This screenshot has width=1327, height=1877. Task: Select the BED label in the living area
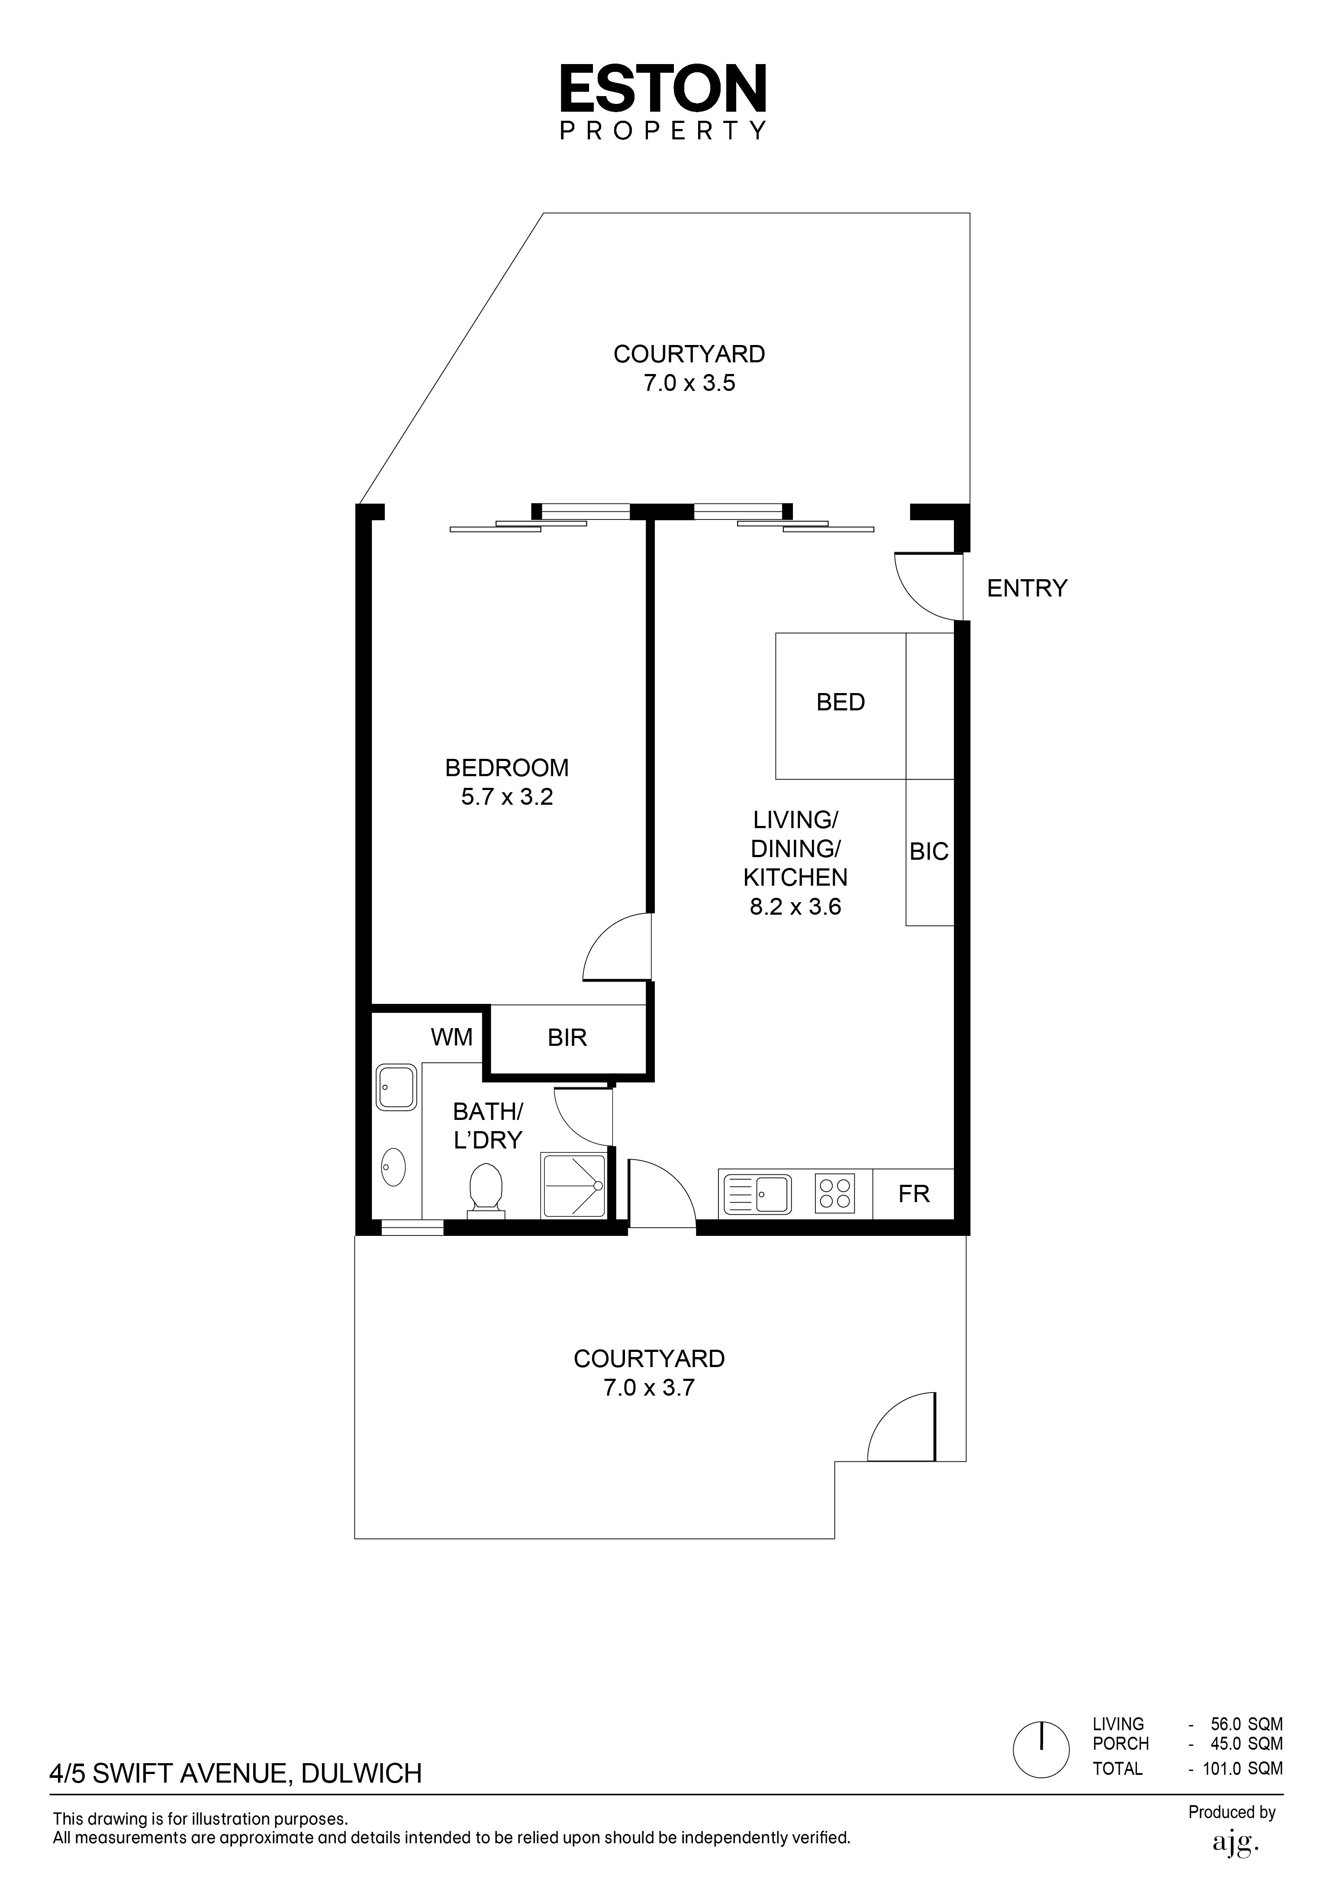[841, 702]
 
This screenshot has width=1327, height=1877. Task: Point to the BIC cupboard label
[929, 852]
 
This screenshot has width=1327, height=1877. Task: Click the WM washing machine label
[452, 1038]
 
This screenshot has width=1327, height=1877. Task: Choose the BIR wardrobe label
[567, 1038]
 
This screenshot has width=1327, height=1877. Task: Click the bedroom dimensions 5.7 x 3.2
[507, 797]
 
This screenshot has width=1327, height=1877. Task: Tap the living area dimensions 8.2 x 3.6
[796, 906]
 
